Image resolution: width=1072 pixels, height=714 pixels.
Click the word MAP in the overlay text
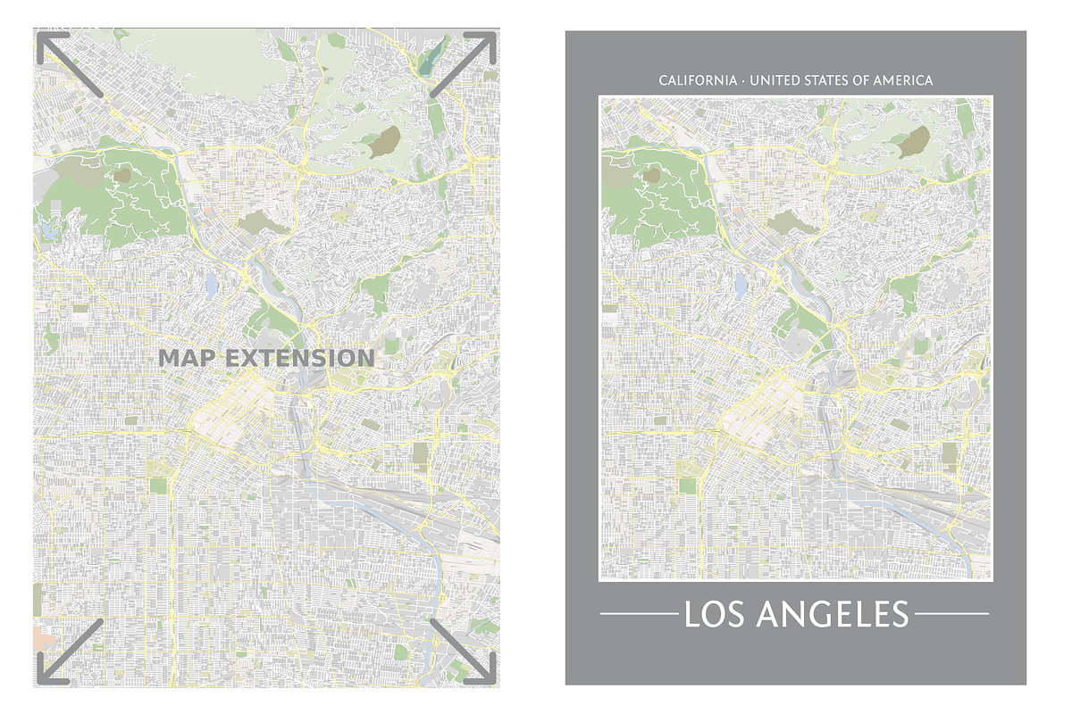(187, 359)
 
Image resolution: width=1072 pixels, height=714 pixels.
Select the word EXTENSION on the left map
(298, 359)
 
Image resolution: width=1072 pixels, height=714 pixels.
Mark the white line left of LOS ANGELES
(638, 614)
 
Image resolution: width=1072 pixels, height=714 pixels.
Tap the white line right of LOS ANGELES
(952, 614)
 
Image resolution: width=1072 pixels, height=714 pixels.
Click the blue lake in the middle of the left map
(212, 286)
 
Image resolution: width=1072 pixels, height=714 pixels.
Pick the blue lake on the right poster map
(741, 285)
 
